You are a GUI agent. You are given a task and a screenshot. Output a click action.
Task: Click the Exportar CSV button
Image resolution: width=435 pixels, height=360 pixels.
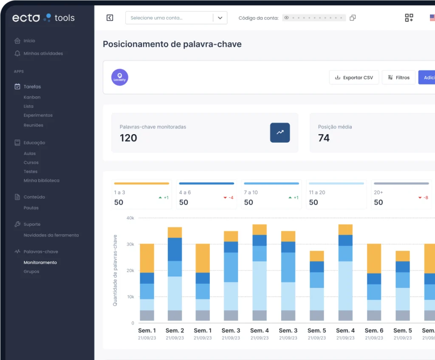point(354,77)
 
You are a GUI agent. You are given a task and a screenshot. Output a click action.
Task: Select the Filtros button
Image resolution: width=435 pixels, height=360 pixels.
point(398,77)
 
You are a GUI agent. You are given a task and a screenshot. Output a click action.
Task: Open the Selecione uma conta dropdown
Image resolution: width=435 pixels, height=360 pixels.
point(176,18)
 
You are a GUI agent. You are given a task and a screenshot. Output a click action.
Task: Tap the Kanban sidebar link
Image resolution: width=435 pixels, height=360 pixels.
point(32,97)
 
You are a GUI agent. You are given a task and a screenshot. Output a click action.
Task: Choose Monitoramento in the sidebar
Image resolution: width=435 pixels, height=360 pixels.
point(40,262)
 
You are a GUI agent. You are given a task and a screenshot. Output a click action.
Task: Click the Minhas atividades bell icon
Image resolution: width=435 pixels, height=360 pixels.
point(17,53)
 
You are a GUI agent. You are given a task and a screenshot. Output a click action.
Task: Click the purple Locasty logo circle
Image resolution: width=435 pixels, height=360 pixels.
point(119,77)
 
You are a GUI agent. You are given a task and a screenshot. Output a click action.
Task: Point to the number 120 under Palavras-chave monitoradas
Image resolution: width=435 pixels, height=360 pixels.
point(128,138)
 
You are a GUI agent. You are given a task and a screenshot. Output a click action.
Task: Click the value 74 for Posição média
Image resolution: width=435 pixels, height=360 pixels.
point(324,138)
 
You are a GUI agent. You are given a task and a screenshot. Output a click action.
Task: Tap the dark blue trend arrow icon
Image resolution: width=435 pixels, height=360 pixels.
point(280,132)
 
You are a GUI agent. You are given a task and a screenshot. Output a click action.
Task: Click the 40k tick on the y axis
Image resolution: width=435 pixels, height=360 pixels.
point(130,218)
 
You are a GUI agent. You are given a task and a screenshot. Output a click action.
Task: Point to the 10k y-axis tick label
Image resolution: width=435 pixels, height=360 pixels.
point(131,297)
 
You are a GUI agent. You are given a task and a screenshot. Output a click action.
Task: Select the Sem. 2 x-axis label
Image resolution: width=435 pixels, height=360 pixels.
point(175,331)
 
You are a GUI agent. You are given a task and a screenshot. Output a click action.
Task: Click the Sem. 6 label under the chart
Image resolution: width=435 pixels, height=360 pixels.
point(374,331)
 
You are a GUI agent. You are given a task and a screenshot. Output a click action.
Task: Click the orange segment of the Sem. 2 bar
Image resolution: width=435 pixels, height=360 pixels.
point(175,232)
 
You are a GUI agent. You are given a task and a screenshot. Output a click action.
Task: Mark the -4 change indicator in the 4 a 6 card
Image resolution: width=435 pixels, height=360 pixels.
point(229,197)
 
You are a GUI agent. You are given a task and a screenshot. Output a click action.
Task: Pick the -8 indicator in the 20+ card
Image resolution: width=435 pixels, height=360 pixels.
point(424,197)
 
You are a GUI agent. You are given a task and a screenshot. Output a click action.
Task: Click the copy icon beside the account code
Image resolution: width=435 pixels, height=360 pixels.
point(353,18)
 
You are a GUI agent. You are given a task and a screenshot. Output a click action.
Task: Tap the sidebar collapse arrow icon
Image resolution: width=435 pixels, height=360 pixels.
point(110,18)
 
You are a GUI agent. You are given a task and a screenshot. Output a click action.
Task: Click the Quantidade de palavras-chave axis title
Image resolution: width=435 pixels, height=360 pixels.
point(115,270)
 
